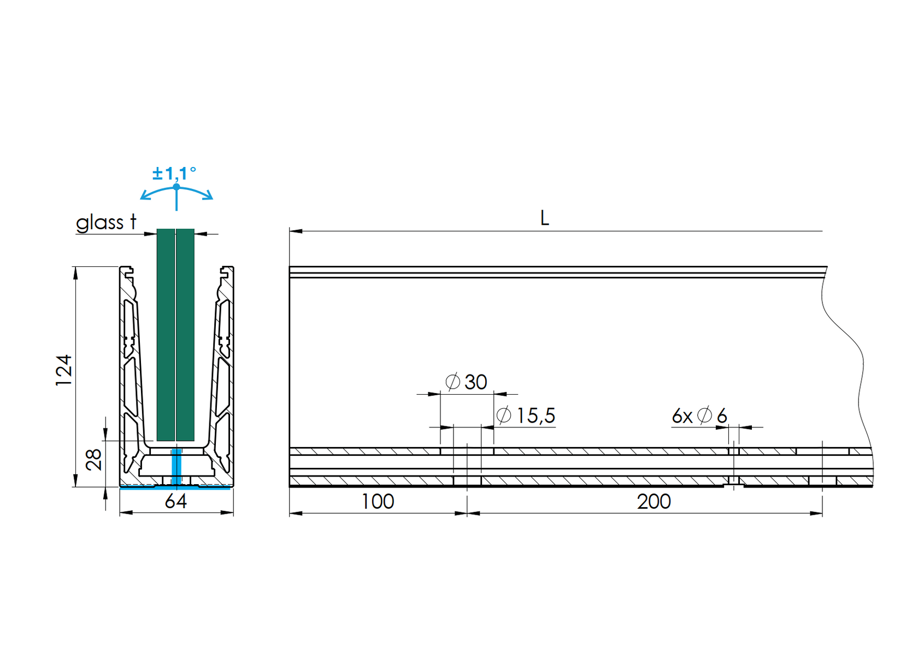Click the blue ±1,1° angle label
coord(174,174)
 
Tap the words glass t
coord(106,223)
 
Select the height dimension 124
coord(64,370)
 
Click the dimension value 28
coord(94,460)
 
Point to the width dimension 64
coord(176,501)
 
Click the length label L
coord(544,218)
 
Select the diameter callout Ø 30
coord(467,382)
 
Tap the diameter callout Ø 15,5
coord(526,416)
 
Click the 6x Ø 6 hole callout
coord(699,416)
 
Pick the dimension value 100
coord(378,501)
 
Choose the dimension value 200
coord(654,501)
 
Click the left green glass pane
coord(166,334)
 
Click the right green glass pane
coord(186,334)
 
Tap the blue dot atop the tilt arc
coord(176,187)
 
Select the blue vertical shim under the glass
coord(176,467)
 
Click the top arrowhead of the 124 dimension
coord(75,272)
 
